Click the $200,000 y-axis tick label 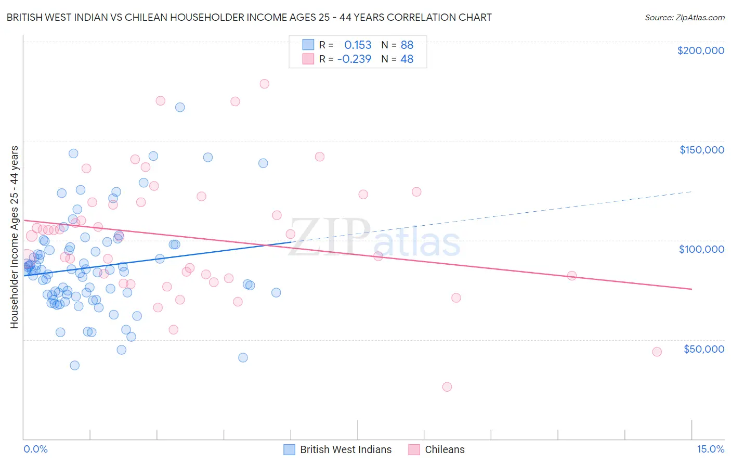700,50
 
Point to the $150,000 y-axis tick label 701,150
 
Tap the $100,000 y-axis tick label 701,249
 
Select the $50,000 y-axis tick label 703,349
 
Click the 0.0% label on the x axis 35,449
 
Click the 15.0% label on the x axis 710,449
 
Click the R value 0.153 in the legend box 358,45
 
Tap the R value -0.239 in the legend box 354,59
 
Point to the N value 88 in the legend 407,45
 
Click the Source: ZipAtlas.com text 684,17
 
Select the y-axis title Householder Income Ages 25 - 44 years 14,237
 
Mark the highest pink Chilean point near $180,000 264,84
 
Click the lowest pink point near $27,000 447,386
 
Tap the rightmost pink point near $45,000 657,352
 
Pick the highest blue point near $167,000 180,107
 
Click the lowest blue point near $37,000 75,365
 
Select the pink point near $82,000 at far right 571,276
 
